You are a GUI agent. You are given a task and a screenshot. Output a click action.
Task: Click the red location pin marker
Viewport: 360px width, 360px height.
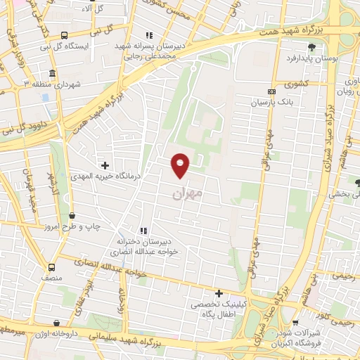181,165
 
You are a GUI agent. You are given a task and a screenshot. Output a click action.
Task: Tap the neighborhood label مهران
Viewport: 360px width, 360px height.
187,191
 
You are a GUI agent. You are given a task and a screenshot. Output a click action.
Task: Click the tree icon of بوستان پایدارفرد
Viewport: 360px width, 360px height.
311,48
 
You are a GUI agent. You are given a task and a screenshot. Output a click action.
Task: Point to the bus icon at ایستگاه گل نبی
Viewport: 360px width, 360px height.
65,35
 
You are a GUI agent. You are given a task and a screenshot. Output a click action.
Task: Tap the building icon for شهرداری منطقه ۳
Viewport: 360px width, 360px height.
53,73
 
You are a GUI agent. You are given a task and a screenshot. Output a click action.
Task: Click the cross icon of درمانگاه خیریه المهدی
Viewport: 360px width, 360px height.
105,165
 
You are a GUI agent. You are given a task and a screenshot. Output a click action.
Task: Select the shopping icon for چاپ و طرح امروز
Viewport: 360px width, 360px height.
73,215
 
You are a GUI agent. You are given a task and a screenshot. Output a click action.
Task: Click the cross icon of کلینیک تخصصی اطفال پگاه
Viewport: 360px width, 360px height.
219,293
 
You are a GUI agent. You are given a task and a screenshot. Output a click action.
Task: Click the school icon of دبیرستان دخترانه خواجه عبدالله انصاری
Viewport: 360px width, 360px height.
144,230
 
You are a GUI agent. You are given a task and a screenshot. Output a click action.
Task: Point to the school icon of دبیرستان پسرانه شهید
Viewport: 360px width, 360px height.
148,35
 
